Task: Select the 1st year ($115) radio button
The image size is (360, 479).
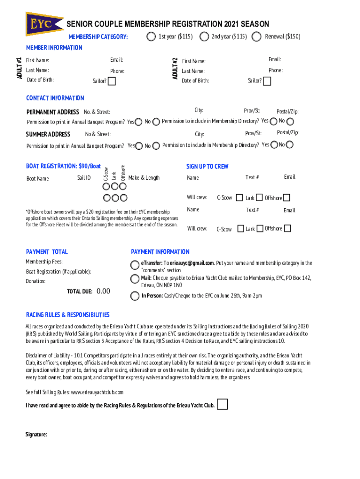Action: (151, 36)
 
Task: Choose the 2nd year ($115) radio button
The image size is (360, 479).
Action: (204, 36)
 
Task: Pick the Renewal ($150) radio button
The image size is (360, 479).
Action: (257, 36)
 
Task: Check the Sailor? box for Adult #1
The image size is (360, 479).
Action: (112, 81)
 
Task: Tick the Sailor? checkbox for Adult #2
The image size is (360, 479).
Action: (266, 81)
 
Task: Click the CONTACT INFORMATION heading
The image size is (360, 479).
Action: (55, 98)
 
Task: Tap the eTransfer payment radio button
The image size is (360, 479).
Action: (135, 264)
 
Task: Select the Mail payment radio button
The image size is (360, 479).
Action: (135, 279)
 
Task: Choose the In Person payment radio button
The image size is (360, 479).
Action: (135, 296)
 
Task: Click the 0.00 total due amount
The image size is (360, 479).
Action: (103, 291)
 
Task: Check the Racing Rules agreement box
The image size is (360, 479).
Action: (223, 404)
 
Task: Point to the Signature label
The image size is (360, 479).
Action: (36, 435)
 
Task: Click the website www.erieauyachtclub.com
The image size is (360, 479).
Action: (97, 392)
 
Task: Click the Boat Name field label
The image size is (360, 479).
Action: (37, 179)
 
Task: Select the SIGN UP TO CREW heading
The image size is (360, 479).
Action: (207, 167)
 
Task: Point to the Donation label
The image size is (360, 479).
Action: (36, 282)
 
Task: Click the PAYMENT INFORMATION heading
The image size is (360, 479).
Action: (160, 252)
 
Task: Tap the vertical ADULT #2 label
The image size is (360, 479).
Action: (174, 68)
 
